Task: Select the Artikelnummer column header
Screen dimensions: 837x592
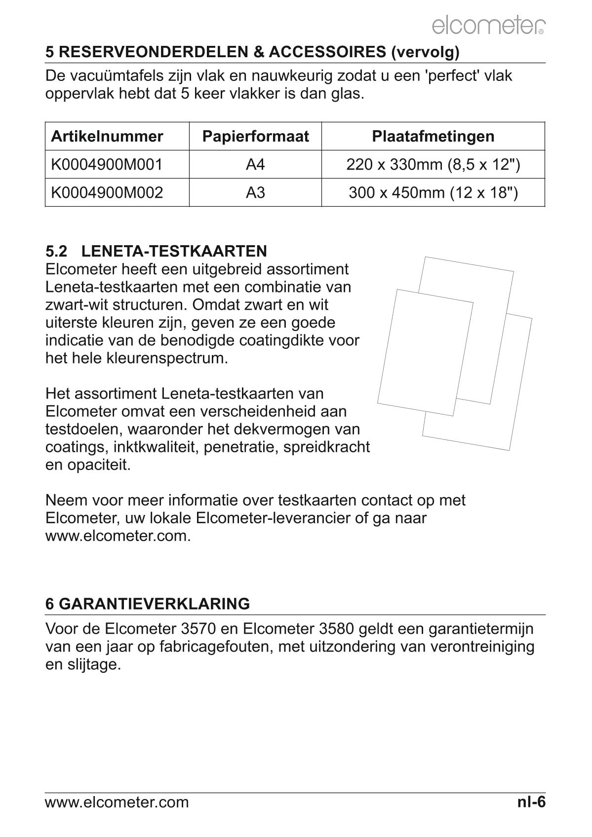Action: (107, 136)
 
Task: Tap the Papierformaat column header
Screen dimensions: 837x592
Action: (255, 136)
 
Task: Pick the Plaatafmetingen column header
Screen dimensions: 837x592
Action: (433, 136)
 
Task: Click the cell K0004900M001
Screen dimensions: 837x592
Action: (107, 164)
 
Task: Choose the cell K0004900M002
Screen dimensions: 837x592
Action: (107, 192)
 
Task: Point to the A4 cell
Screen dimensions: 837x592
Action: (255, 164)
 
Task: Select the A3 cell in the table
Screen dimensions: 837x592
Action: (255, 192)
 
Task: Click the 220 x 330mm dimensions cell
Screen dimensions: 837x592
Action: (433, 164)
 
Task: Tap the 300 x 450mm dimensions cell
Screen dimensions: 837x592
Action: (433, 192)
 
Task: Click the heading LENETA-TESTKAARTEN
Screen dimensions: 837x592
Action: (174, 251)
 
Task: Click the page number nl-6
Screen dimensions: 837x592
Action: (531, 802)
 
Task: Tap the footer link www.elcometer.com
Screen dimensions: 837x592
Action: (117, 802)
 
